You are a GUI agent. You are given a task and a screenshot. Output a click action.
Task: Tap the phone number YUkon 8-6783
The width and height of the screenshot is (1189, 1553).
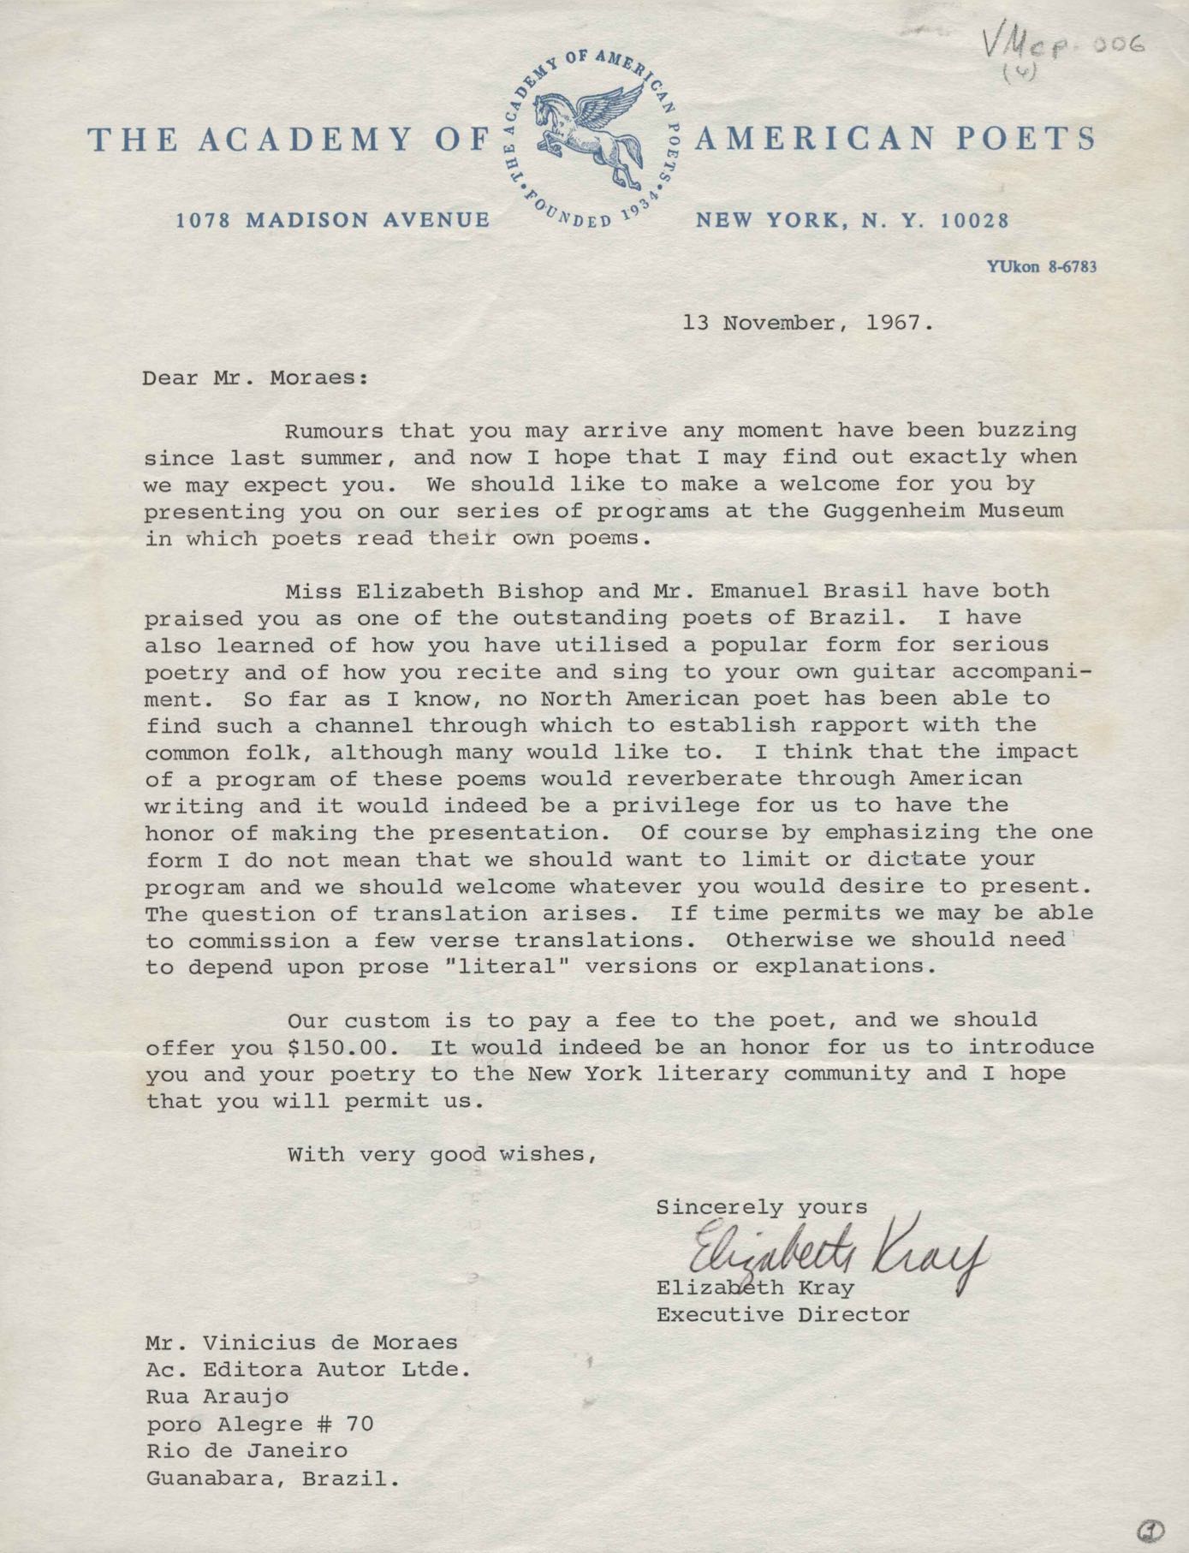pos(1041,266)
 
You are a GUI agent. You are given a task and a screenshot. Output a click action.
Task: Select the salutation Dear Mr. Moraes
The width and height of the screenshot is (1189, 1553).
pos(255,378)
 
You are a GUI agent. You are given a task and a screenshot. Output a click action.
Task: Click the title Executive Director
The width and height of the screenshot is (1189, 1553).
pos(782,1314)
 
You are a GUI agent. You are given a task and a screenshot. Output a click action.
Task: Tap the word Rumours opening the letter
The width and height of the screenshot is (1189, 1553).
pos(334,431)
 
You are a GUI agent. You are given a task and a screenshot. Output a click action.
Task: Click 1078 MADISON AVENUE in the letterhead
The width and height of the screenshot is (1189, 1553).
pos(332,221)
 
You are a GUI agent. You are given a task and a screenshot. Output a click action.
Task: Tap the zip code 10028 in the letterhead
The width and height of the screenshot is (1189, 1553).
pos(974,221)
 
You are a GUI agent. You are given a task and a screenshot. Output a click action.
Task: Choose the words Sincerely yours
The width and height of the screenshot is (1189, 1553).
pos(761,1207)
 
